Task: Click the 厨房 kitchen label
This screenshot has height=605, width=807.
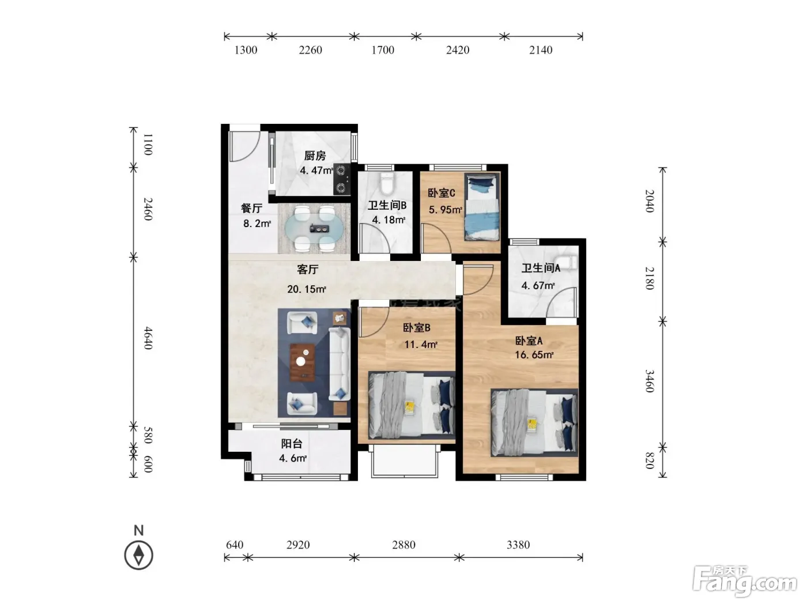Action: [315, 156]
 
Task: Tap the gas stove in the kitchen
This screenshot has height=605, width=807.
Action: [342, 179]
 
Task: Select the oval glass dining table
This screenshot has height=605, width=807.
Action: [315, 229]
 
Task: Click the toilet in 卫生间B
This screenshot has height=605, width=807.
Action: [387, 183]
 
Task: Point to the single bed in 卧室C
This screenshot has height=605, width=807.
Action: [482, 207]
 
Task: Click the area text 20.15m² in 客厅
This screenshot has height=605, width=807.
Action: [307, 289]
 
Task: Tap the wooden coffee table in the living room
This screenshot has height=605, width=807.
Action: [302, 362]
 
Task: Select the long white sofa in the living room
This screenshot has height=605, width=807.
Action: [339, 364]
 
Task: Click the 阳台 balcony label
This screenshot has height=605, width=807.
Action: [292, 443]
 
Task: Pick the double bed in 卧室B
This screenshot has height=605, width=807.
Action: [412, 405]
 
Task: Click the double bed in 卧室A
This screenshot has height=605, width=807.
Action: [534, 423]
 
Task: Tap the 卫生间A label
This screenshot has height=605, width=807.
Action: [541, 268]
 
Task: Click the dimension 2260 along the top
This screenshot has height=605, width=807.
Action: [310, 50]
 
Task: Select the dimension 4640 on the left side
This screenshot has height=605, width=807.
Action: [148, 338]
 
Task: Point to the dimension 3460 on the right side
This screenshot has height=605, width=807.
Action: [650, 381]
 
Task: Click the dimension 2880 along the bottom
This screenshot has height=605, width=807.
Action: [403, 544]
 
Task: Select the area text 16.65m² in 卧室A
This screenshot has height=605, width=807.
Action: [534, 354]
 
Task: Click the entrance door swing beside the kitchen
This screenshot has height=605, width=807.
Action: [244, 146]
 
